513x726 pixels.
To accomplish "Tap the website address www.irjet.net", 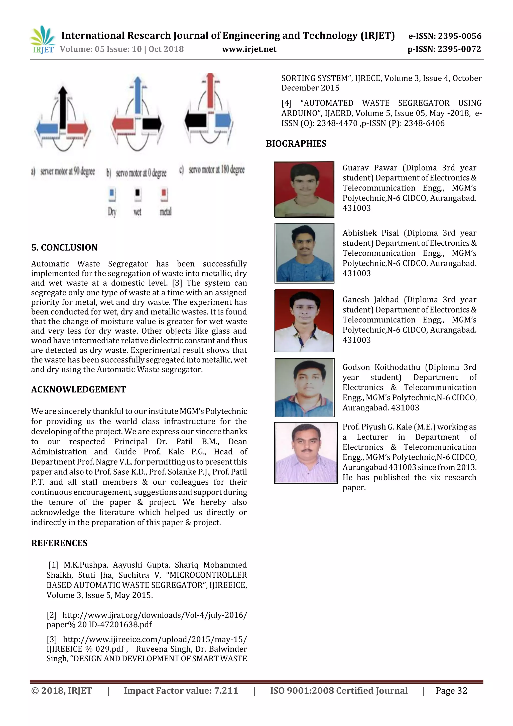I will pyautogui.click(x=249, y=49).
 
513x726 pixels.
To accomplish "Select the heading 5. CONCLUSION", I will pyautogui.click(x=64, y=247).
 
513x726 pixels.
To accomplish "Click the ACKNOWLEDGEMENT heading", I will pyautogui.click(x=78, y=389).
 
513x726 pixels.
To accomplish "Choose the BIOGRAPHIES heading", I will pyautogui.click(x=296, y=144).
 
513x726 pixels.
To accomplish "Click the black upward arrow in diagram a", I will pyautogui.click(x=63, y=107).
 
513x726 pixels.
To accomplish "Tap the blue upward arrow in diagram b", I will pyautogui.click(x=138, y=95).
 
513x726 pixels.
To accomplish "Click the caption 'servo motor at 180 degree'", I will pyautogui.click(x=216, y=170).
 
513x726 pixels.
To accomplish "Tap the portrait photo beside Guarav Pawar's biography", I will pyautogui.click(x=304, y=189).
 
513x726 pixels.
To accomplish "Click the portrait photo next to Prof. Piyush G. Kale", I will pyautogui.click(x=306, y=453).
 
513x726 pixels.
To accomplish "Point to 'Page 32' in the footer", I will pyautogui.click(x=451, y=691).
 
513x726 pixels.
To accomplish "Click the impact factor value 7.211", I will pyautogui.click(x=226, y=691).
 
